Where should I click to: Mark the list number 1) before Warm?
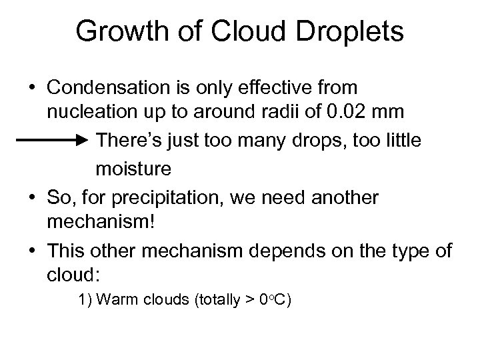(x=86, y=300)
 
